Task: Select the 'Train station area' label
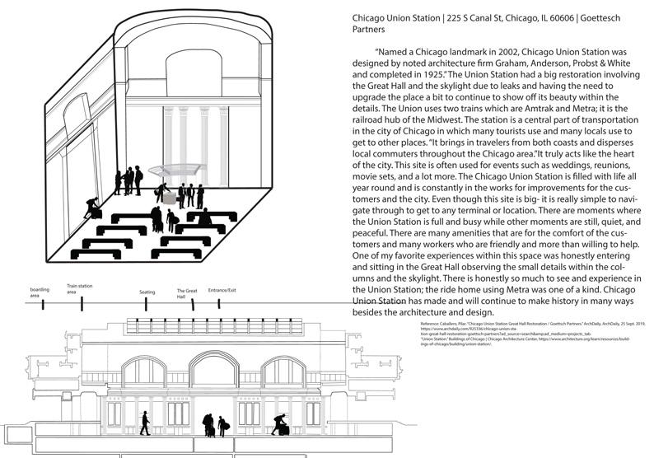tap(79, 288)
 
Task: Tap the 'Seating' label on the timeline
tap(147, 292)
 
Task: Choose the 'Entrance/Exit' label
tap(222, 291)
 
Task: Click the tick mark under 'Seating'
tap(146, 304)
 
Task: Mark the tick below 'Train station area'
tap(82, 304)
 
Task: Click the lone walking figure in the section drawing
tap(146, 423)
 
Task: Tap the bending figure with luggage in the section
tap(280, 424)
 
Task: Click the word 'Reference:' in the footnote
tap(431, 324)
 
